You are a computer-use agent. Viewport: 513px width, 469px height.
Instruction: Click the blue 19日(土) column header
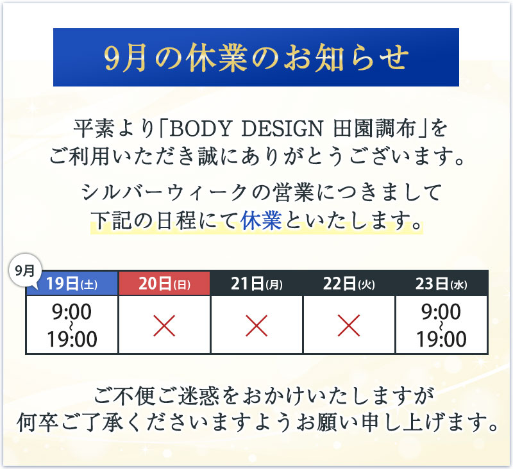[x=72, y=283]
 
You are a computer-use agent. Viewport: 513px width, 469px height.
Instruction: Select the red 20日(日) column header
[x=164, y=283]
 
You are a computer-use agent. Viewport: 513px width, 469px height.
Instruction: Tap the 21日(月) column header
[x=256, y=283]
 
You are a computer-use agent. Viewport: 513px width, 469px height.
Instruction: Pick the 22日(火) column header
[x=349, y=283]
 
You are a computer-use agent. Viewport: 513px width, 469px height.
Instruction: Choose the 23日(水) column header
[x=441, y=283]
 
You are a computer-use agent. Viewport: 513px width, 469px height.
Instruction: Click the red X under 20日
[x=164, y=325]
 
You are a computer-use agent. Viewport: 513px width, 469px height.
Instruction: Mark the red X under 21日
[x=256, y=325]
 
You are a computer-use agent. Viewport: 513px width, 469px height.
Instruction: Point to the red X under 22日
[x=349, y=325]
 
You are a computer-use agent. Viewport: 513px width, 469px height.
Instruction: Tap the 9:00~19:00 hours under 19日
[x=72, y=325]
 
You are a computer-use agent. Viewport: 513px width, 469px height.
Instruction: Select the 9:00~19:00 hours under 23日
[x=441, y=325]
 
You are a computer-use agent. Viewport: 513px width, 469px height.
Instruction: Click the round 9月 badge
[x=25, y=270]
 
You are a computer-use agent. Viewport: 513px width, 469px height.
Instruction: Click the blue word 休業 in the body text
[x=261, y=220]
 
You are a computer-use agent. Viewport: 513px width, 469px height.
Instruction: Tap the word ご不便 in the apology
[x=124, y=395]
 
